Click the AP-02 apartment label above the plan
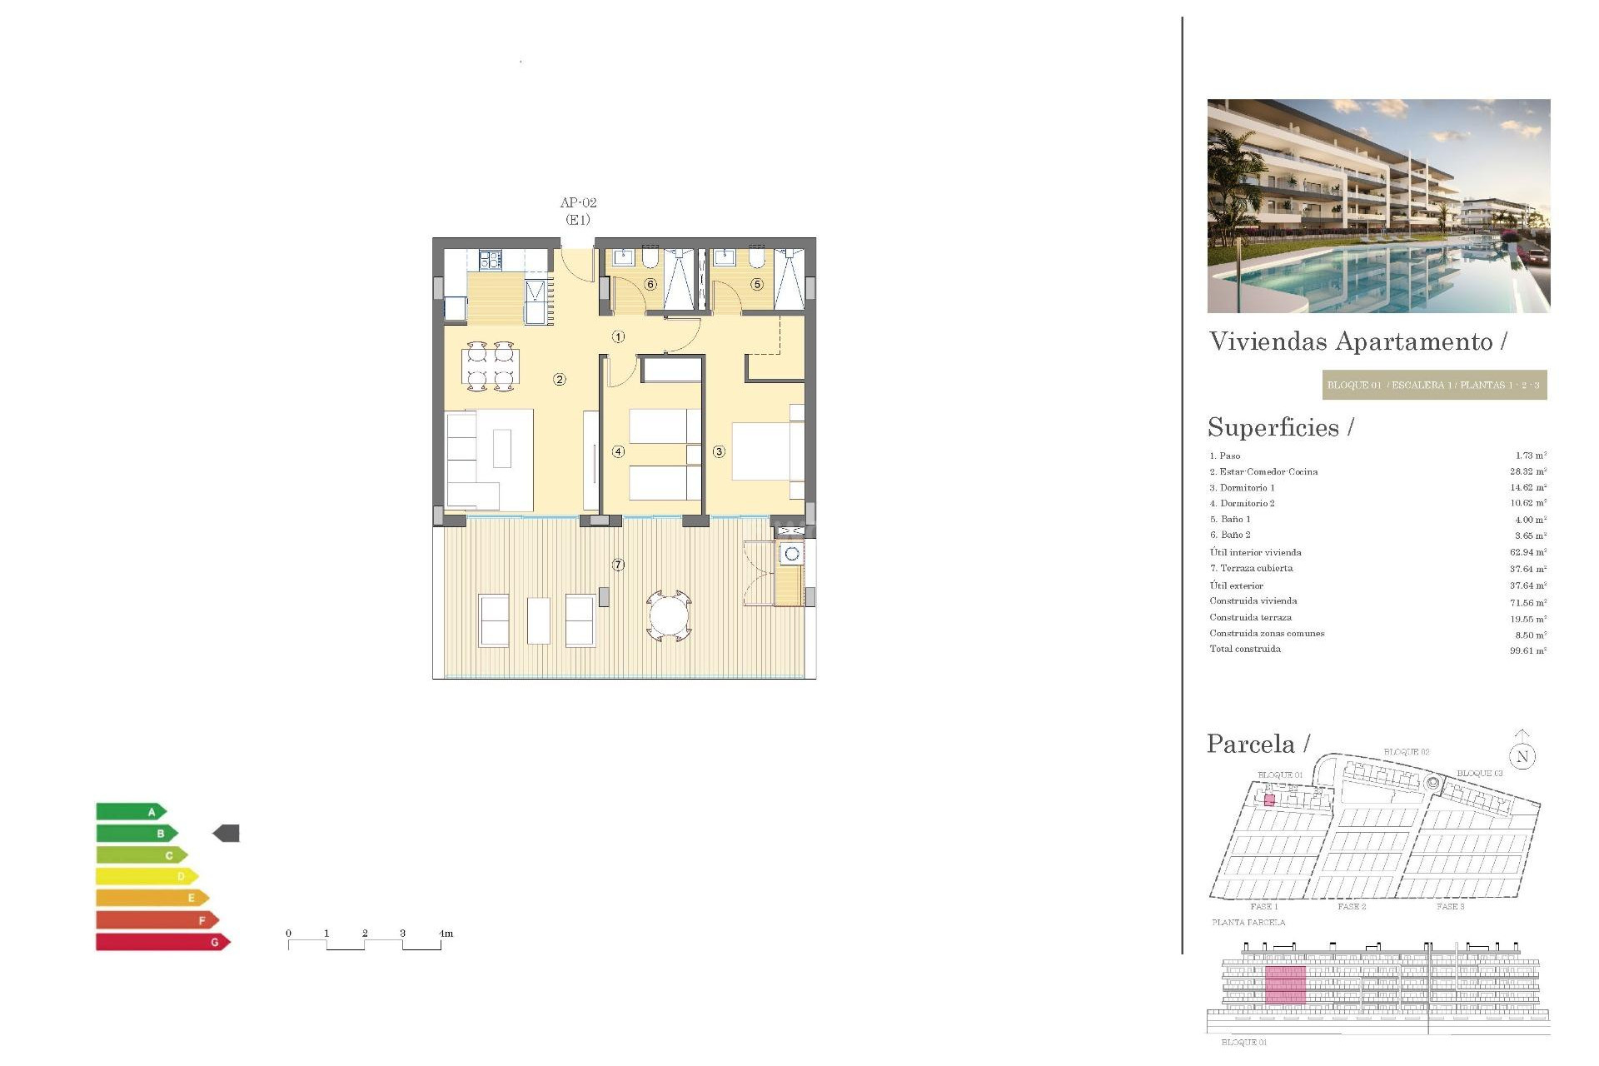(578, 202)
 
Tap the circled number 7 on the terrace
(618, 565)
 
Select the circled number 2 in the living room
(560, 380)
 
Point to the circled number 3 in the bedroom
(719, 451)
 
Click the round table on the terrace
(669, 616)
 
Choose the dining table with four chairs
(490, 366)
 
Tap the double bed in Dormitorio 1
(765, 451)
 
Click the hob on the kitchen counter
(491, 260)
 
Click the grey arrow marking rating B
(227, 833)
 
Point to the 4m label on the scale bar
(446, 934)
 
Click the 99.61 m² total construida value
(1527, 650)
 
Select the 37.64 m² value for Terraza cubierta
(1527, 569)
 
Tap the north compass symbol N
(1522, 755)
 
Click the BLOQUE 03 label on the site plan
(1479, 774)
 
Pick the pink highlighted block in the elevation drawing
(1285, 985)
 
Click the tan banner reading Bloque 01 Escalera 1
(1433, 385)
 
